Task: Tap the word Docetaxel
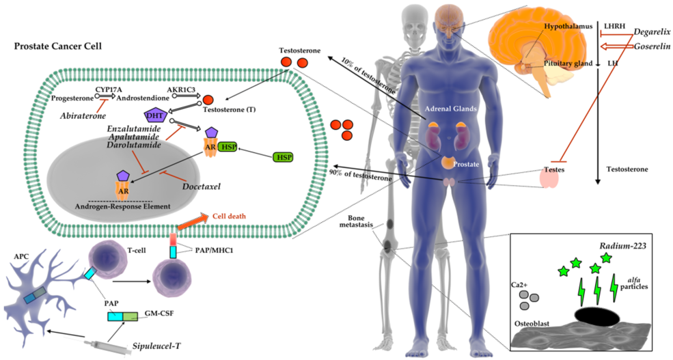pos(204,184)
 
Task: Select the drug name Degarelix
pos(651,31)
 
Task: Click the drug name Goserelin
pos(651,46)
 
